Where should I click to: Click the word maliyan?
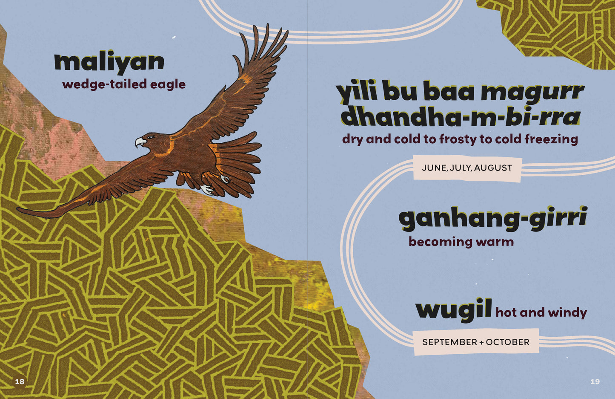click(109, 62)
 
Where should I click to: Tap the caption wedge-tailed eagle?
click(124, 84)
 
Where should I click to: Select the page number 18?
click(20, 382)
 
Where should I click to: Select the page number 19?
click(595, 382)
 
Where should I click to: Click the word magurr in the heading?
click(532, 92)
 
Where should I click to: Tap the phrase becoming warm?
click(461, 242)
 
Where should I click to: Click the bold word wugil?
click(453, 310)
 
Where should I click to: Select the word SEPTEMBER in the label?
click(449, 342)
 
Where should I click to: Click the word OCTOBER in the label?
click(507, 342)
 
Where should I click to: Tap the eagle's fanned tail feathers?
click(238, 162)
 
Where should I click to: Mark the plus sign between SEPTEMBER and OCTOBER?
click(481, 342)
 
